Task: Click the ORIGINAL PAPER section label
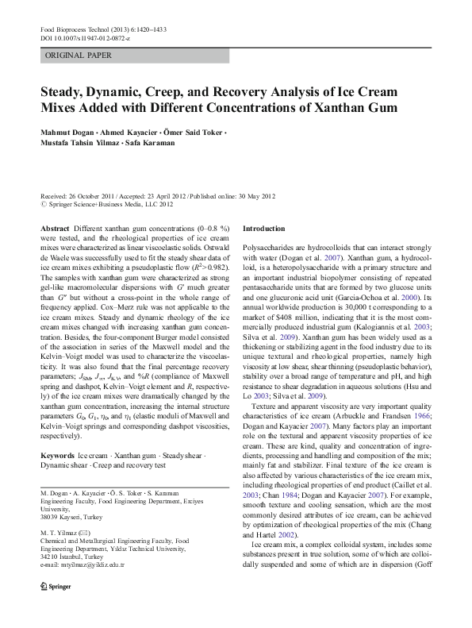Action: (x=78, y=56)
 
